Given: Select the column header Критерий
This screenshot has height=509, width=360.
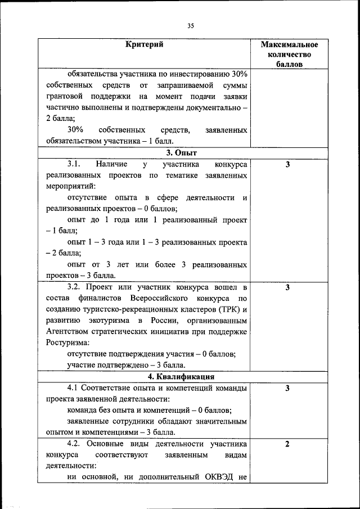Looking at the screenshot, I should coord(145,44).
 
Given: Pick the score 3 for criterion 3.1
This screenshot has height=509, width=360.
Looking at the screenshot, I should coord(287,164).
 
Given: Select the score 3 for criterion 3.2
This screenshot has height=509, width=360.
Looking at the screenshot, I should coord(287,287).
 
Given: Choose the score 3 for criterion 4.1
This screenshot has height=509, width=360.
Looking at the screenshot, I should coord(287,388).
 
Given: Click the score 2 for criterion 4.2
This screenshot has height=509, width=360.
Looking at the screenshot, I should coord(287,444).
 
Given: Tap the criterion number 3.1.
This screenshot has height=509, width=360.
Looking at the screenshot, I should coord(75,164).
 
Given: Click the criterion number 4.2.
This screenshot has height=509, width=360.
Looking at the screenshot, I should coord(75,444).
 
